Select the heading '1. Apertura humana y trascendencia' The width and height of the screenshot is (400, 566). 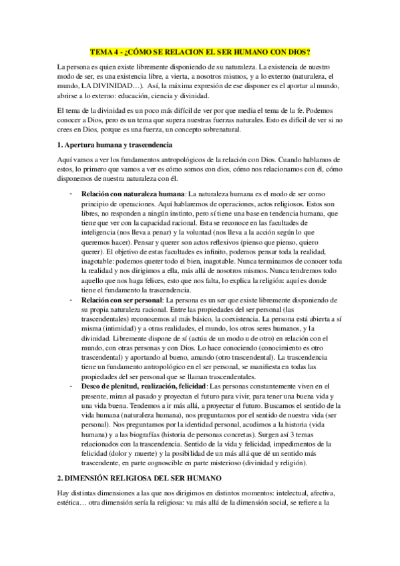(x=115, y=145)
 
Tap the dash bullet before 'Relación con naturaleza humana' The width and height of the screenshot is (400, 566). (x=71, y=193)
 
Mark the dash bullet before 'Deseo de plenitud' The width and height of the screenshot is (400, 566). (x=71, y=386)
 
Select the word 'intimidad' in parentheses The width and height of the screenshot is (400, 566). (x=120, y=339)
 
